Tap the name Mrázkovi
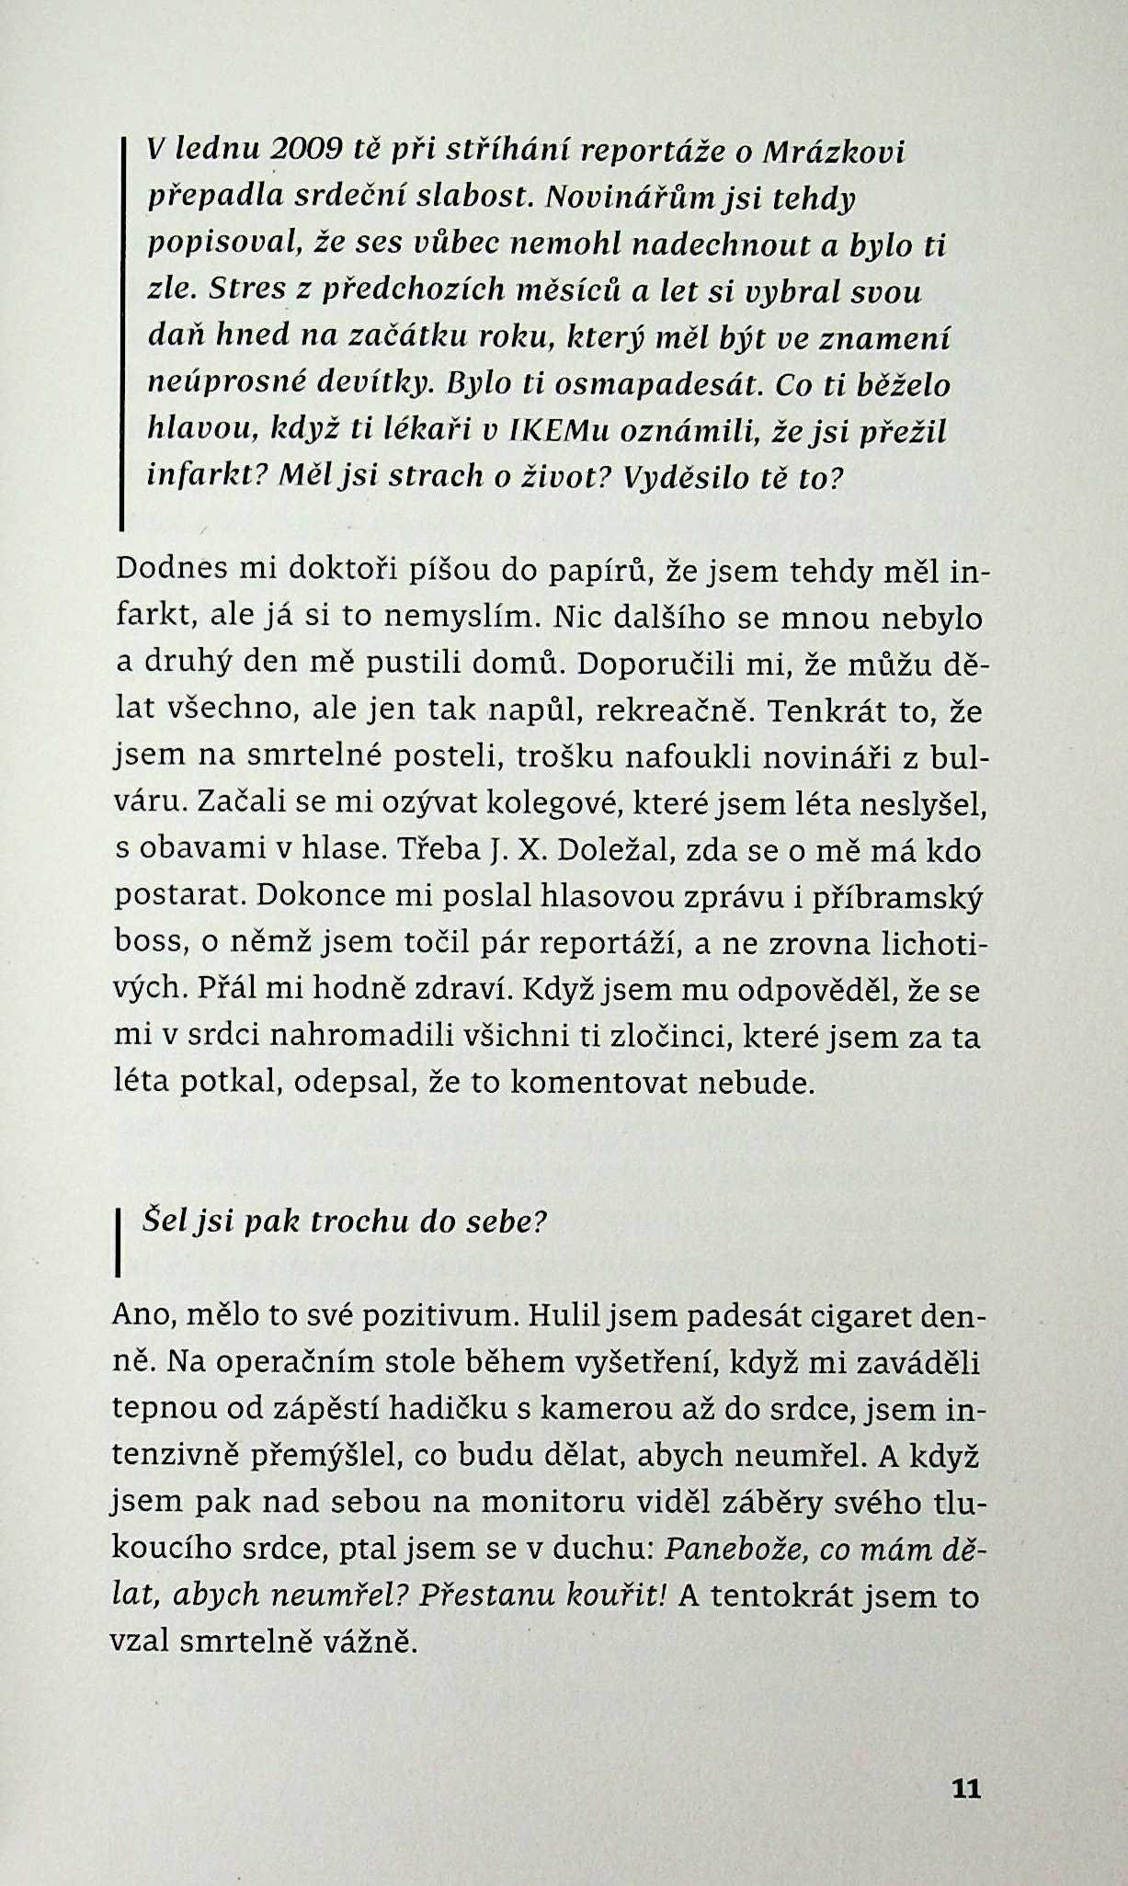tap(834, 151)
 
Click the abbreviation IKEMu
tap(550, 430)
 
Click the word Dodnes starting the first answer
tap(172, 570)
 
